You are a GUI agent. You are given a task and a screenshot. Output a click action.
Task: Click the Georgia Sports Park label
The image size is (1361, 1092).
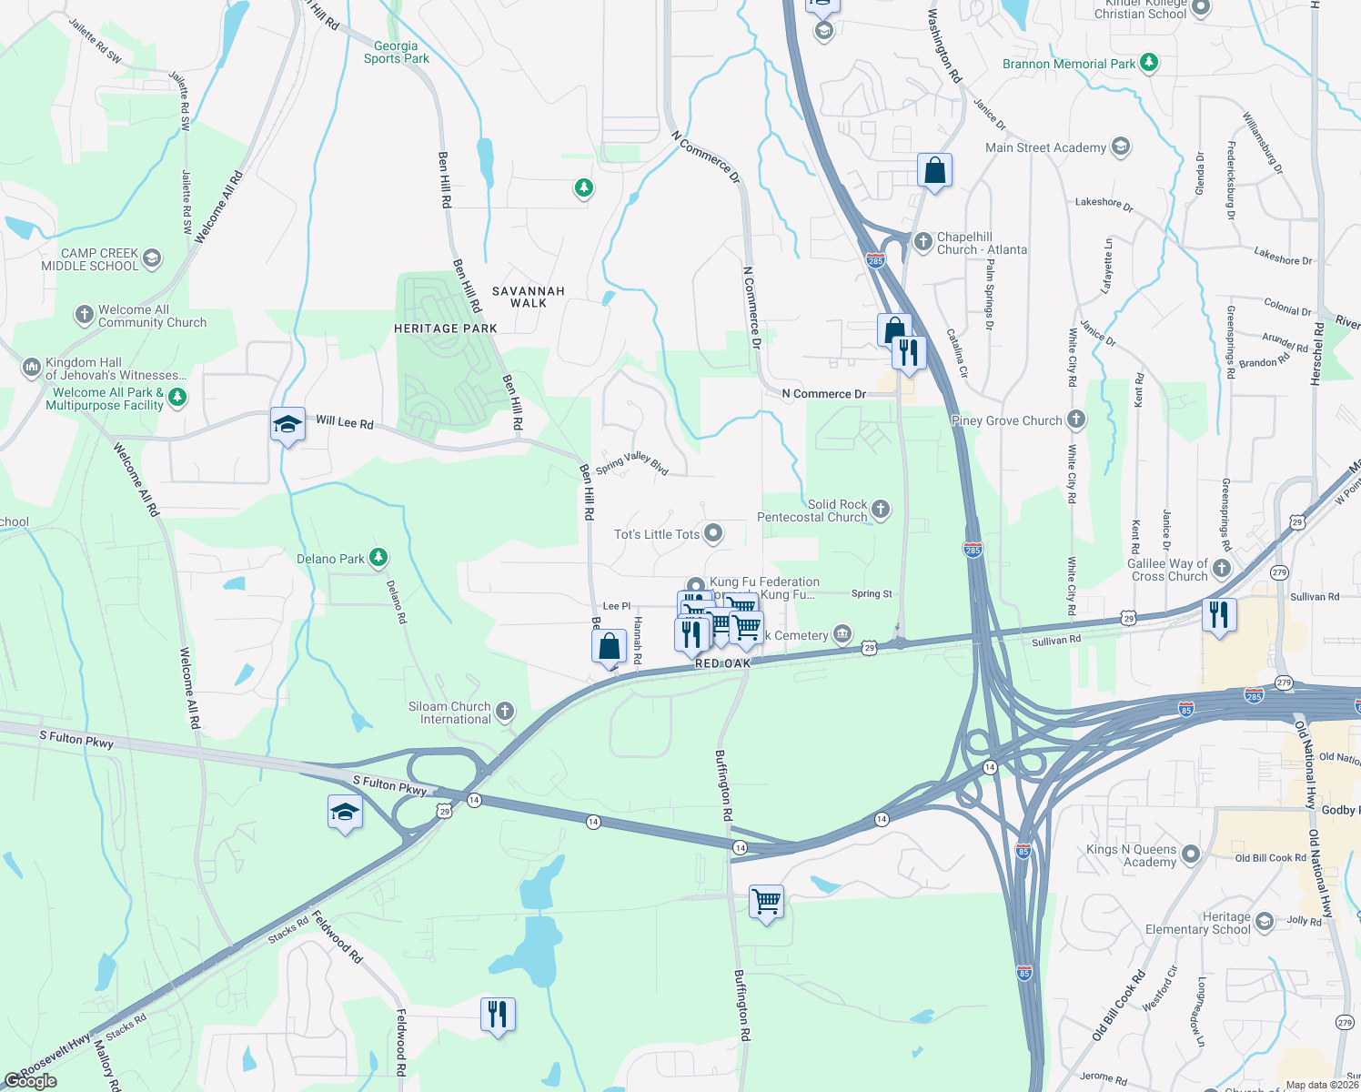396,52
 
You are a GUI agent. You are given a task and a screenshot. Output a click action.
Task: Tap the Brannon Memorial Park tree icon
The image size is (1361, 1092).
1149,63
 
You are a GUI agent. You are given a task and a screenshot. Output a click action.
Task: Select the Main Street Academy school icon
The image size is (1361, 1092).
1121,147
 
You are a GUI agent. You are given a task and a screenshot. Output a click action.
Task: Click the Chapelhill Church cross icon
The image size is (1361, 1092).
923,242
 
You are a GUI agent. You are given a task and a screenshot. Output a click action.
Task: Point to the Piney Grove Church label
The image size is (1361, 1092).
1005,420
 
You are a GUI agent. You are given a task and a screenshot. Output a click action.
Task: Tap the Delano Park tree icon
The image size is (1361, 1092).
378,558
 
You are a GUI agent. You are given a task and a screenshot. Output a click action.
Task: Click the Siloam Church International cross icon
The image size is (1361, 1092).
505,712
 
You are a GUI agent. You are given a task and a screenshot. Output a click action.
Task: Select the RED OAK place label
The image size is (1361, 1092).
722,663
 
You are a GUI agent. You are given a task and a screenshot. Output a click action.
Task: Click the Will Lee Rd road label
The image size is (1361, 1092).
344,422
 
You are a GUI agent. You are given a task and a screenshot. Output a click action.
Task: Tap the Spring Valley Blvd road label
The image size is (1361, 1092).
632,462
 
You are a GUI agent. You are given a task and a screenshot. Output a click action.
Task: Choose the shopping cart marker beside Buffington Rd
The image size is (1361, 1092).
766,902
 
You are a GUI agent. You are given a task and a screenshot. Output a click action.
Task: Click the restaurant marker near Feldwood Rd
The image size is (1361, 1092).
498,1013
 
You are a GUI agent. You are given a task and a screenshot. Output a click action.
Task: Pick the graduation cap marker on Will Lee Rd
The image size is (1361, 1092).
287,424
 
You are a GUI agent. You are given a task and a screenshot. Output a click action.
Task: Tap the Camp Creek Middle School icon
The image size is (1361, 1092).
152,258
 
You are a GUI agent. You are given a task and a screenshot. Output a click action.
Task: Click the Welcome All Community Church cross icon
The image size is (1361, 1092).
85,315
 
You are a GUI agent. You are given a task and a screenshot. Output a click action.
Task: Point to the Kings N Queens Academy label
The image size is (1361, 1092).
1131,855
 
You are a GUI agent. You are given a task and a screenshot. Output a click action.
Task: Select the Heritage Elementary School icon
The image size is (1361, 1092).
1264,923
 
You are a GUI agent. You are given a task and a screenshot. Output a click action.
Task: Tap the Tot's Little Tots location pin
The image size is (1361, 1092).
713,533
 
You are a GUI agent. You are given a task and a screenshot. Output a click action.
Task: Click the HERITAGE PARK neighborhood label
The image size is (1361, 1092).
445,329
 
